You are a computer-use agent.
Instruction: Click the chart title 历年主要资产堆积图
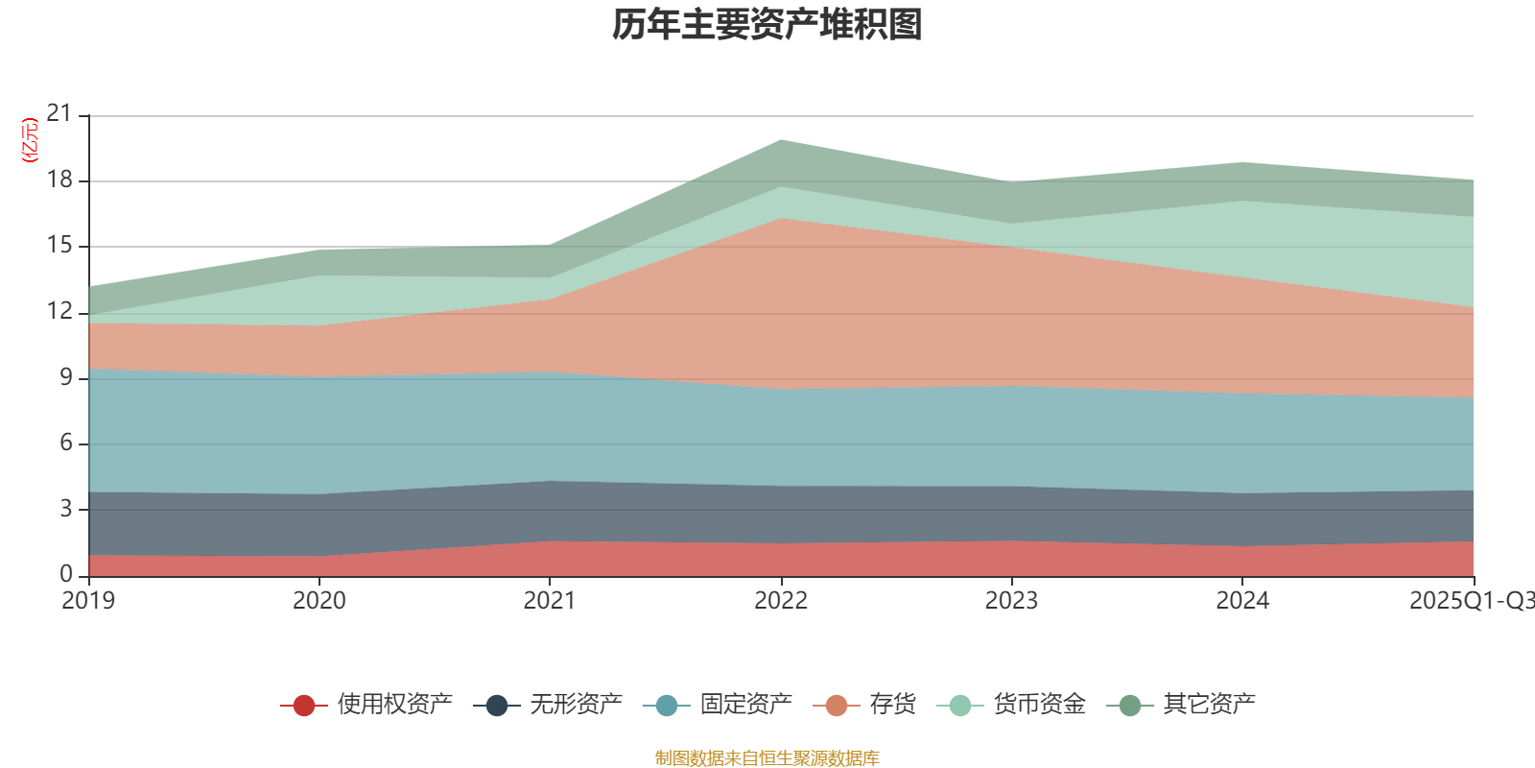click(767, 25)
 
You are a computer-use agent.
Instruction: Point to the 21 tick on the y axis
click(59, 114)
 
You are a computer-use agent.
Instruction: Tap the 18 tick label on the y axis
click(59, 180)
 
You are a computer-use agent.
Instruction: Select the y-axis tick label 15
click(59, 246)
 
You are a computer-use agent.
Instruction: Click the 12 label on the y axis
click(59, 311)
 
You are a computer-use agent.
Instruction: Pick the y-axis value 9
click(66, 377)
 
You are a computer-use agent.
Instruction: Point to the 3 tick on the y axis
click(66, 509)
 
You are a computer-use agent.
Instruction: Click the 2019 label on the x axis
click(88, 601)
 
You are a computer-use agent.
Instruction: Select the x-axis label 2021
click(550, 601)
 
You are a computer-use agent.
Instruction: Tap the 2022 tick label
click(781, 601)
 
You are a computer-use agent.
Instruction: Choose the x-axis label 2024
click(1242, 601)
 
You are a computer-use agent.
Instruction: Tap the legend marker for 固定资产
click(667, 706)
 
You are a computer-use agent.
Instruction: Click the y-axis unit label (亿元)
click(30, 140)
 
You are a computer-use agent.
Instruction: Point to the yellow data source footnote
click(767, 758)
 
